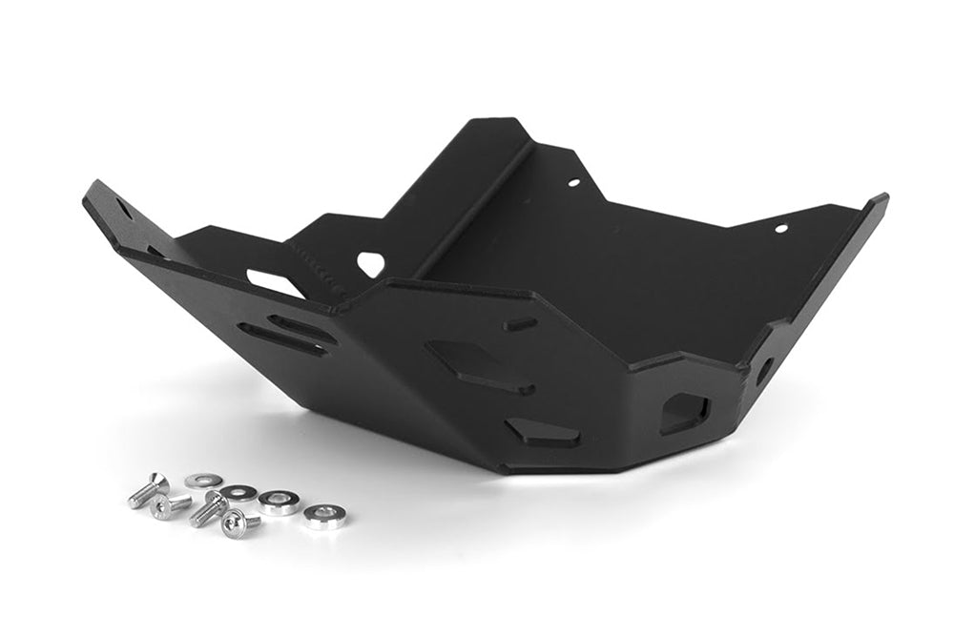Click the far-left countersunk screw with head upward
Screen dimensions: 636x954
pyautogui.click(x=149, y=490)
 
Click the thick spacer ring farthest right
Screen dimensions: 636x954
pyautogui.click(x=325, y=516)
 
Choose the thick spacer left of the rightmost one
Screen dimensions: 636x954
pyautogui.click(x=279, y=503)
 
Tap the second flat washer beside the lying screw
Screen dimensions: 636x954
pyautogui.click(x=238, y=492)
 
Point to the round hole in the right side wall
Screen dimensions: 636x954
pyautogui.click(x=763, y=370)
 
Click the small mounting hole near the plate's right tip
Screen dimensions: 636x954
pyautogui.click(x=780, y=228)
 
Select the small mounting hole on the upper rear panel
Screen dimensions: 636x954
pyautogui.click(x=573, y=182)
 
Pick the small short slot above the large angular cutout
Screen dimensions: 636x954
pyautogui.click(x=520, y=324)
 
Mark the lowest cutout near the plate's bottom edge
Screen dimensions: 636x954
pyautogui.click(x=544, y=434)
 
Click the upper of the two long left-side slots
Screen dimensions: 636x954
pyautogui.click(x=301, y=327)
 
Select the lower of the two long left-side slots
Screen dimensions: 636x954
pyautogui.click(x=281, y=340)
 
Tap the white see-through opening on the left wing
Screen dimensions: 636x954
pyautogui.click(x=275, y=283)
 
